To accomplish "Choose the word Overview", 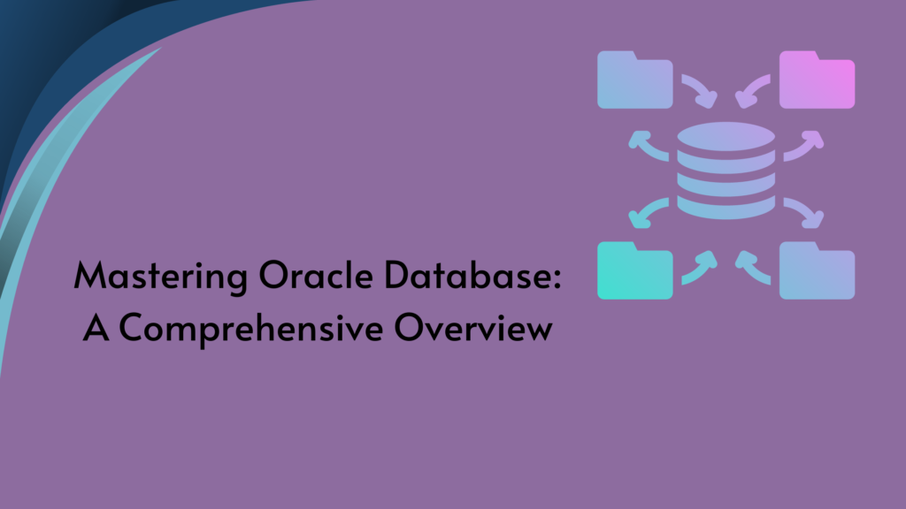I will pos(473,328).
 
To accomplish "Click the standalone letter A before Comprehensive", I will pos(95,328).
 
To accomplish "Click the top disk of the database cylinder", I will pos(726,138).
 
